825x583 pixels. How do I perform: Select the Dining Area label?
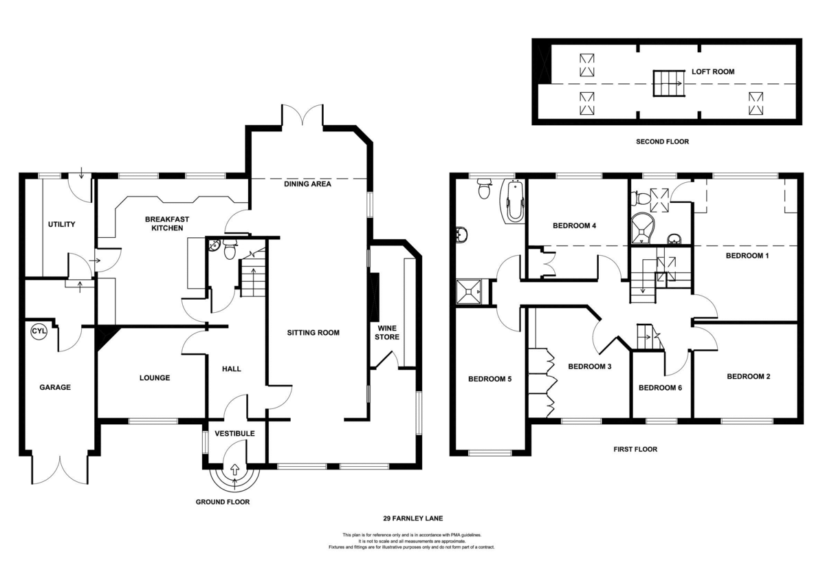pos(308,184)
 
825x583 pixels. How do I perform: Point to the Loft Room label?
pos(713,71)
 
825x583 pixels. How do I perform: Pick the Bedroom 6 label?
pos(660,388)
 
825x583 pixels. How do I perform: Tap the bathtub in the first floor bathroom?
pos(513,201)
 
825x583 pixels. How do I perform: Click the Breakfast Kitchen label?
pos(166,223)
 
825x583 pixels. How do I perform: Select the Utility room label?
pos(61,225)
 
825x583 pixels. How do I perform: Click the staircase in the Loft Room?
pos(666,83)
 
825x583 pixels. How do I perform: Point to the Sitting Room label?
pos(313,333)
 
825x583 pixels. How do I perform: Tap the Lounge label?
pos(155,377)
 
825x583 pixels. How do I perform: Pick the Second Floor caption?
pos(662,142)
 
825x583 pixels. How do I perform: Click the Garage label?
pos(54,387)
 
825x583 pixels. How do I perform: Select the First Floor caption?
pos(635,450)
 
